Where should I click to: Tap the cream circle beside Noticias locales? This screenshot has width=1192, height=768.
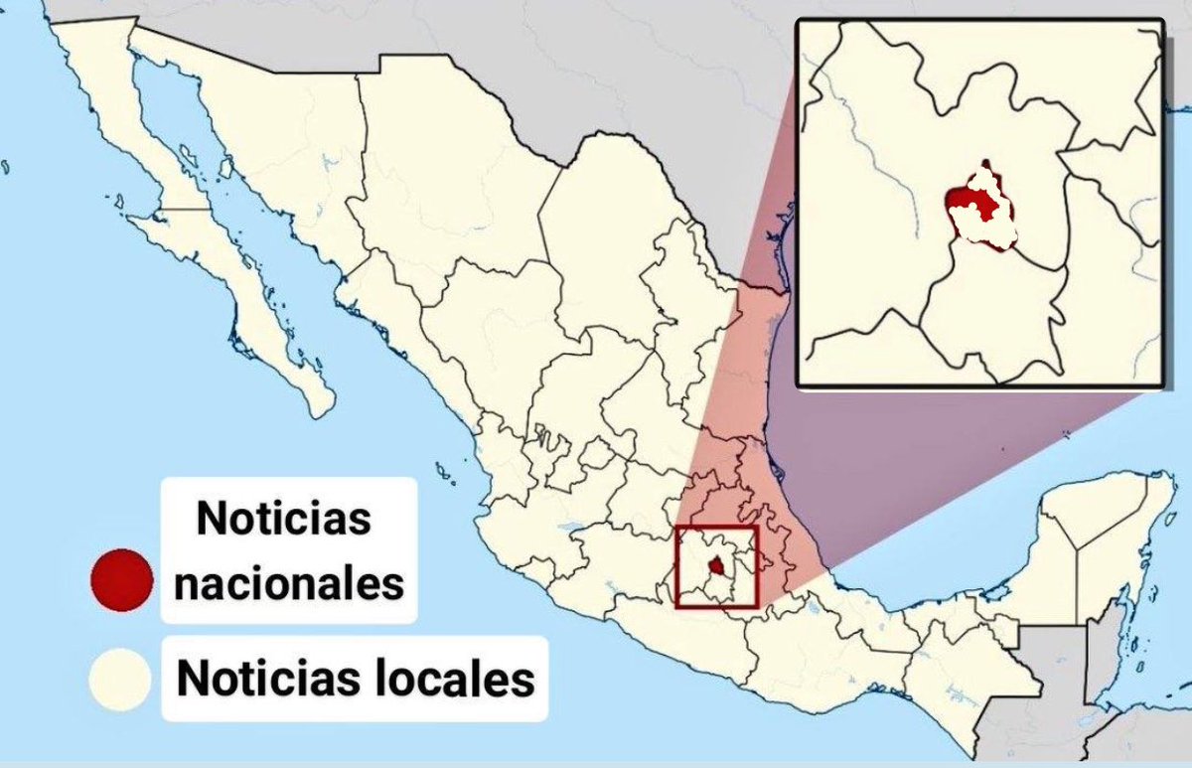click(x=119, y=680)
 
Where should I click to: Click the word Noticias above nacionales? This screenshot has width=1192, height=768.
click(x=283, y=519)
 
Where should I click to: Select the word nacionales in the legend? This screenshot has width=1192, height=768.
click(x=288, y=583)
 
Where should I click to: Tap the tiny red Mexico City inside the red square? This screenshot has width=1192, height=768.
click(x=715, y=566)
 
